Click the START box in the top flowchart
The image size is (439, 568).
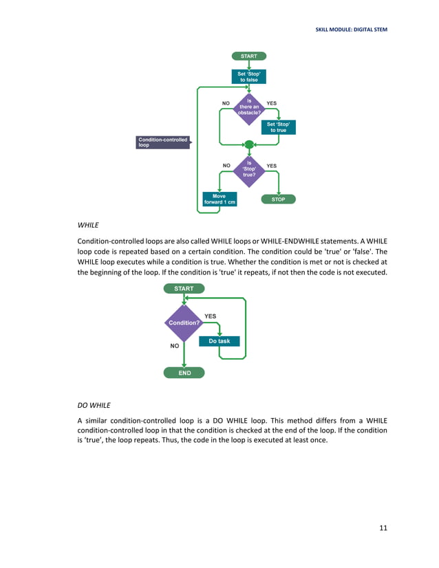pos(248,56)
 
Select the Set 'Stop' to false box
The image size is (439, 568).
pos(248,76)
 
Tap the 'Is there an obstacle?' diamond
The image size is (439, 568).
pos(248,107)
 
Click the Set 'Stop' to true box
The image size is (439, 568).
pos(278,127)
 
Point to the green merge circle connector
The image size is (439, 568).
pos(249,144)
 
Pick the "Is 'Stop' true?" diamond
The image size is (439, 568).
pos(248,169)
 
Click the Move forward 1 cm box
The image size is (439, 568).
pos(219,199)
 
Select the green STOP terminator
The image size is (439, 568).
pos(278,199)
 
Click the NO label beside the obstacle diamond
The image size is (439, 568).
pos(225,103)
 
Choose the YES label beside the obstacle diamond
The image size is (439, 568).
pos(272,103)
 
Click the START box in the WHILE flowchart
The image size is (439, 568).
pos(184,288)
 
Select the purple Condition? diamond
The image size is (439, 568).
pos(184,322)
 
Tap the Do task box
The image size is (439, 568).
pos(219,341)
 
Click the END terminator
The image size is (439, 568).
pos(184,373)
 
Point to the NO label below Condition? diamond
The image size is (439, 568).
pos(175,347)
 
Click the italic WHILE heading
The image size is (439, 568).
pos(88,225)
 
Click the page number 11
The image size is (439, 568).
pos(383,527)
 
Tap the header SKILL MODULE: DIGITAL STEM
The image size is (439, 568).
pos(351,30)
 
